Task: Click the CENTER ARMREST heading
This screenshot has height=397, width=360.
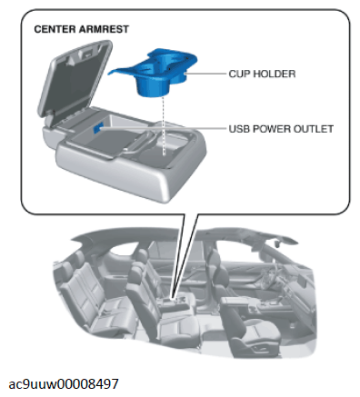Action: (x=81, y=29)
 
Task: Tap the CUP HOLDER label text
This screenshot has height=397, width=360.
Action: (x=262, y=74)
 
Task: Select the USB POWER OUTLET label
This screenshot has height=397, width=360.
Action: (x=281, y=129)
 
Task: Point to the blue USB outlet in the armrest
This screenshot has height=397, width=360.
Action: (x=98, y=128)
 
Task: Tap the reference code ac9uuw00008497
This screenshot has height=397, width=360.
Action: (x=64, y=384)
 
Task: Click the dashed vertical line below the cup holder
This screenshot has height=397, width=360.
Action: (x=164, y=125)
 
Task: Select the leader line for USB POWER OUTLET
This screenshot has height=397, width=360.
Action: (x=164, y=128)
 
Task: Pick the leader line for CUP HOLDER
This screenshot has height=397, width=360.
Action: (x=206, y=74)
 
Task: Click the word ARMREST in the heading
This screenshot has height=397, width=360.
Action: (x=104, y=29)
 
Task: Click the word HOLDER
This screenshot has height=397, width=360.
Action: (x=275, y=74)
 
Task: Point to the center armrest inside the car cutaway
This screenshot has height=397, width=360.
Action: (x=175, y=303)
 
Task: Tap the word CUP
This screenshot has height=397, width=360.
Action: (x=239, y=74)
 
